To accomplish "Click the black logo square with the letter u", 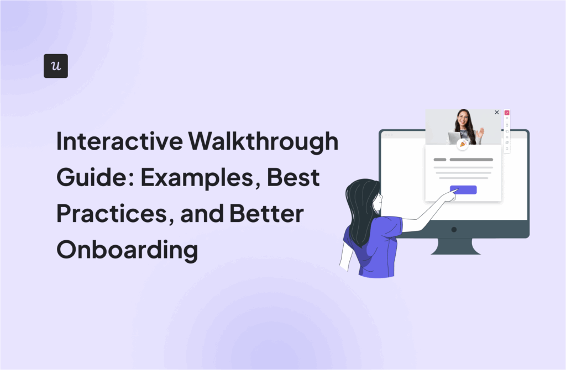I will click(56, 66).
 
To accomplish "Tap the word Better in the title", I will click(271, 214).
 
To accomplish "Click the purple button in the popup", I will click(463, 189).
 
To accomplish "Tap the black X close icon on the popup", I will click(496, 112).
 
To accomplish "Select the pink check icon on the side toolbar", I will click(507, 113).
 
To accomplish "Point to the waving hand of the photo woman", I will click(481, 133).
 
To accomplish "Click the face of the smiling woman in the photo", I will click(462, 119).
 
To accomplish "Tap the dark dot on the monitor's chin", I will click(454, 229).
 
